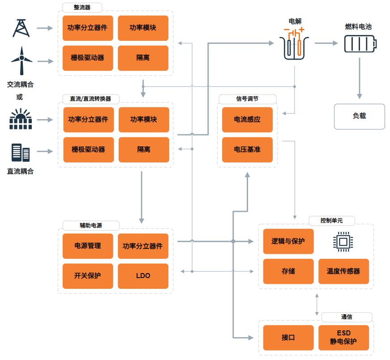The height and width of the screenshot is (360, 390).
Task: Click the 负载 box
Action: click(x=359, y=116)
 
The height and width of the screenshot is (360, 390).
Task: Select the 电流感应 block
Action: click(x=247, y=120)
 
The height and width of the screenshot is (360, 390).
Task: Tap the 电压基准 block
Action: click(x=247, y=150)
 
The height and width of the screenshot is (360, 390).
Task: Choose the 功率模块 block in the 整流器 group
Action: click(x=143, y=28)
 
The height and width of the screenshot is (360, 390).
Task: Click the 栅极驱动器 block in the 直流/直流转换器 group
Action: click(x=88, y=150)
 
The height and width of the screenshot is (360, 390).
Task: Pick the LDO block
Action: click(x=143, y=276)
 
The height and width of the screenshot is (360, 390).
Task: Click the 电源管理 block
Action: click(x=88, y=246)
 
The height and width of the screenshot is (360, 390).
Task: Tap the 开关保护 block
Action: click(x=88, y=276)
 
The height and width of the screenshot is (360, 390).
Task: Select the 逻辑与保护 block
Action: click(x=288, y=241)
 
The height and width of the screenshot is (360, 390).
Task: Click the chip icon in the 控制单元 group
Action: click(x=343, y=242)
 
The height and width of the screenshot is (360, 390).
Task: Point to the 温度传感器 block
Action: click(x=343, y=271)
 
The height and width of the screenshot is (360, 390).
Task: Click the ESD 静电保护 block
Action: click(x=343, y=338)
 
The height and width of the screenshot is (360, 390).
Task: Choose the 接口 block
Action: click(x=288, y=338)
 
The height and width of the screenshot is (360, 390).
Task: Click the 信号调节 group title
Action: click(x=247, y=99)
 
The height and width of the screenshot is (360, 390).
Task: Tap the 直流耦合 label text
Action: click(x=20, y=171)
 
